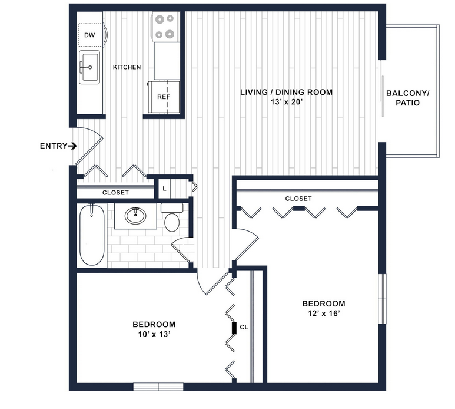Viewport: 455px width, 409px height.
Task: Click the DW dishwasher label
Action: (89, 35)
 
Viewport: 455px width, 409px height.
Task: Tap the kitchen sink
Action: (89, 67)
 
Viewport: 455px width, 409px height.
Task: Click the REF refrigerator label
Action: (164, 97)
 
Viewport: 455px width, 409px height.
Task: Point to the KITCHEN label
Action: (127, 67)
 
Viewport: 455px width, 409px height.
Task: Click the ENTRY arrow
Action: (72, 146)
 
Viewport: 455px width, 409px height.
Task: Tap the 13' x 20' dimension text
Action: (287, 102)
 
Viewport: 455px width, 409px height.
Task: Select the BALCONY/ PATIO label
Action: (407, 98)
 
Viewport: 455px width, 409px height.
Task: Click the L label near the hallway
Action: (164, 189)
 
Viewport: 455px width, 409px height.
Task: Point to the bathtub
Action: (92, 235)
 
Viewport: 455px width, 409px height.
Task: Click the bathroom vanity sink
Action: (135, 216)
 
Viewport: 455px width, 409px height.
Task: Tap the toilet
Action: (172, 217)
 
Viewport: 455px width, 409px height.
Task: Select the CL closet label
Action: (244, 327)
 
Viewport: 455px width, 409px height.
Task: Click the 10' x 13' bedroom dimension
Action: (154, 334)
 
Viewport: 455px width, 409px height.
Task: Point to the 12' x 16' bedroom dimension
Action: (324, 314)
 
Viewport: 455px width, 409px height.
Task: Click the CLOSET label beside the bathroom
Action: (115, 193)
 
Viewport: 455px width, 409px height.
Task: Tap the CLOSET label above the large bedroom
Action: (298, 199)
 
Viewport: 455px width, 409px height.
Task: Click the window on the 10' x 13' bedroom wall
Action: (158, 387)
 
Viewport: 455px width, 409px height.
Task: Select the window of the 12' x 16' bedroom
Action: (383, 299)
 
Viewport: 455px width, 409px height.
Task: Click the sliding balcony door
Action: (382, 88)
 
